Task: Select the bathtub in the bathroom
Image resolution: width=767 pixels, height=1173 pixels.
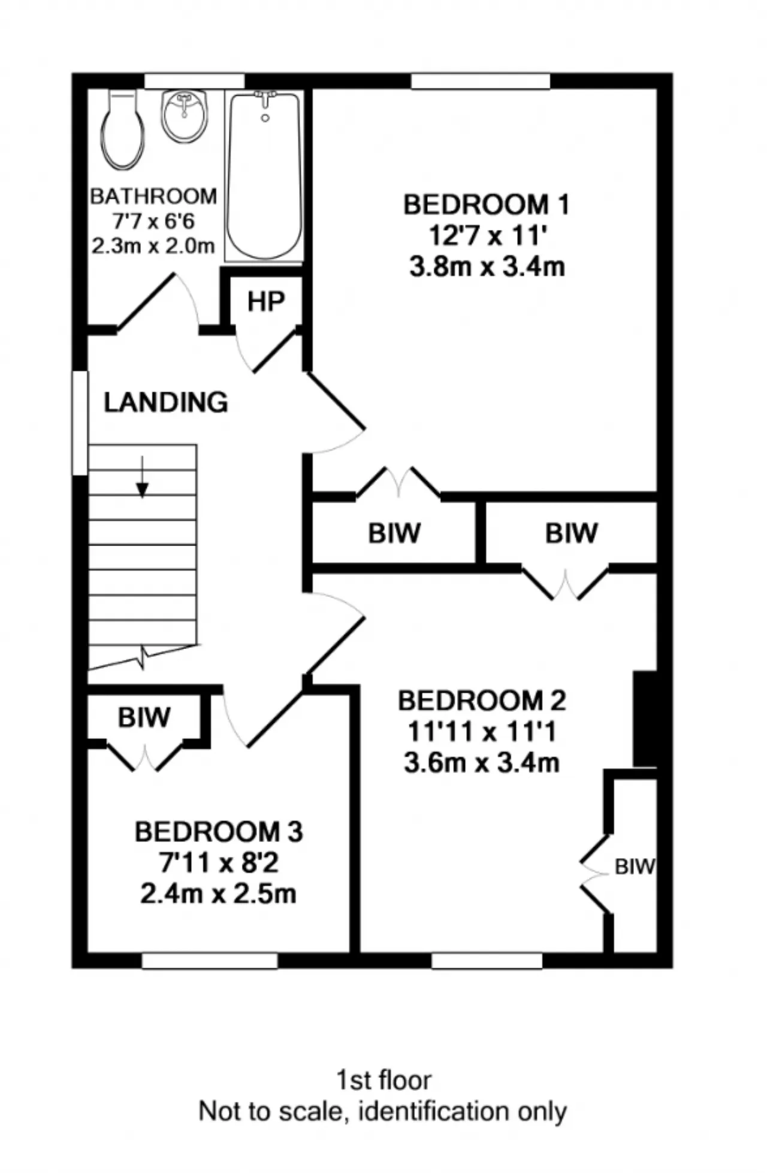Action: (x=264, y=176)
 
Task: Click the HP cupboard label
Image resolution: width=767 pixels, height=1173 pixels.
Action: (x=266, y=302)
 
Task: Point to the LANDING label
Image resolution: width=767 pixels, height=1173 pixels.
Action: (x=166, y=402)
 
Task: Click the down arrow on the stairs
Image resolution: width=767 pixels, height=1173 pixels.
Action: (x=142, y=477)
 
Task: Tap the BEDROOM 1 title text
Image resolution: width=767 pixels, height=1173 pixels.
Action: (x=486, y=205)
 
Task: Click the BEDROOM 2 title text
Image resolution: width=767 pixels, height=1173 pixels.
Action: (x=482, y=701)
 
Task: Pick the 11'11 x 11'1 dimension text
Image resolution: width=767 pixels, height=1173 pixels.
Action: (x=482, y=731)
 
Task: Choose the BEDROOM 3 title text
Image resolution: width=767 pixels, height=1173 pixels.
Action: (x=219, y=832)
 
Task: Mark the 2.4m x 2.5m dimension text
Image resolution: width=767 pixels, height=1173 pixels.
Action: (x=219, y=894)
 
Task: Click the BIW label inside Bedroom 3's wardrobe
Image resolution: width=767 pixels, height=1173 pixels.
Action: (x=144, y=717)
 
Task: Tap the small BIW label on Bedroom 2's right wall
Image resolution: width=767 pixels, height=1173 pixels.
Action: (x=635, y=866)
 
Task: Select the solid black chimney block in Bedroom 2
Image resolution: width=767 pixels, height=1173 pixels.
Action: (x=645, y=719)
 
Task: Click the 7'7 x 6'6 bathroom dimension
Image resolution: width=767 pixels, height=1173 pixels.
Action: (x=153, y=222)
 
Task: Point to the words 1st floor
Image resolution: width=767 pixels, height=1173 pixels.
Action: (x=383, y=1081)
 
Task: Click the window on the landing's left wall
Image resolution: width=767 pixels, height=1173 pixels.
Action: (x=80, y=423)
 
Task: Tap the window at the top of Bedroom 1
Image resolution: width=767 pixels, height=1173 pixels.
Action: (x=481, y=81)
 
